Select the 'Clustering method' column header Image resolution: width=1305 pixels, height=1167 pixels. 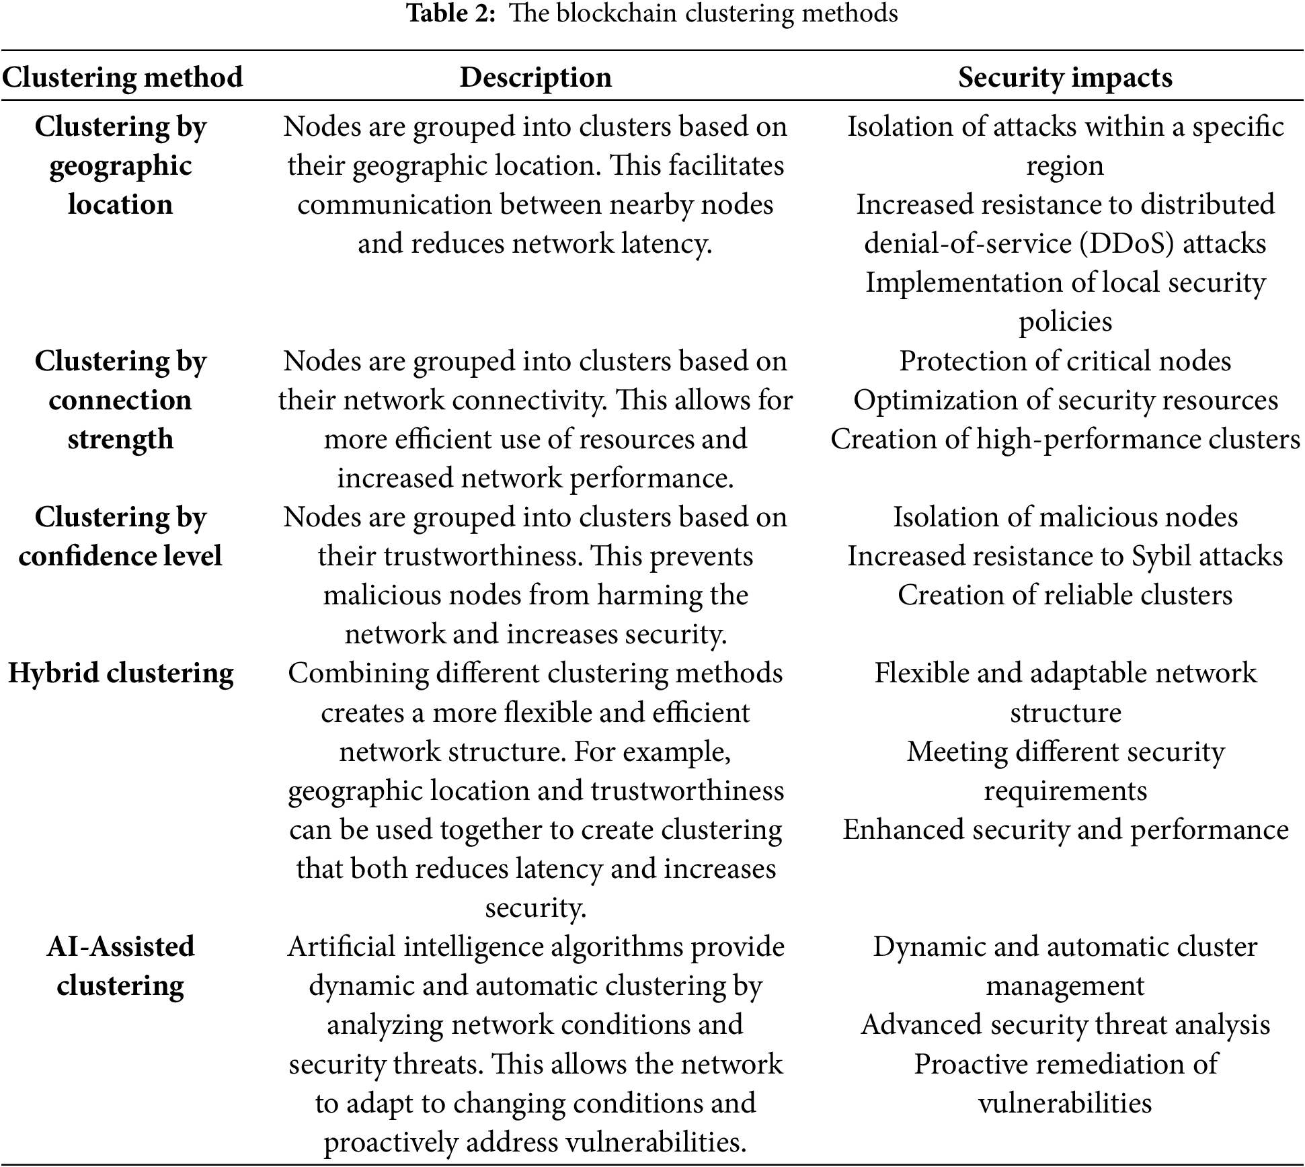pyautogui.click(x=122, y=77)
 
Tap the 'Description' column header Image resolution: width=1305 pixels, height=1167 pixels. pyautogui.click(x=535, y=77)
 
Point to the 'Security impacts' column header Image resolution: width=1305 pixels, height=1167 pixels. pyautogui.click(x=1065, y=77)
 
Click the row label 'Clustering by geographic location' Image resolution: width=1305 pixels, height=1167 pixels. pyautogui.click(x=120, y=165)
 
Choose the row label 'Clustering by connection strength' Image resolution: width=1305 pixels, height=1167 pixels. pyautogui.click(x=120, y=400)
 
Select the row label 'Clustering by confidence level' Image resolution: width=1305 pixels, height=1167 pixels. pyautogui.click(x=120, y=536)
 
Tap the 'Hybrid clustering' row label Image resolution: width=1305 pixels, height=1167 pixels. pyautogui.click(x=120, y=674)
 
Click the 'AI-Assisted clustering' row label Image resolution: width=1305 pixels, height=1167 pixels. pyautogui.click(x=120, y=966)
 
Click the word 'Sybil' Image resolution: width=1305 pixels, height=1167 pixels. pyautogui.click(x=1164, y=557)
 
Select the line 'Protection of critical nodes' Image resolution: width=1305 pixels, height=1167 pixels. pyautogui.click(x=1065, y=361)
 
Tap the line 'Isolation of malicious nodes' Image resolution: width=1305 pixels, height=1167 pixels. pyautogui.click(x=1065, y=517)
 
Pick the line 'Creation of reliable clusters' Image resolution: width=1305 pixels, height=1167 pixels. pyautogui.click(x=1065, y=595)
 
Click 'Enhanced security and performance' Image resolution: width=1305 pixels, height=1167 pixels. pyautogui.click(x=1065, y=830)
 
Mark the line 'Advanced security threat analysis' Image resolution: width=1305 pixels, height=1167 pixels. pyautogui.click(x=1065, y=1025)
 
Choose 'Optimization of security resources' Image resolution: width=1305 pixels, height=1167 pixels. pyautogui.click(x=1065, y=400)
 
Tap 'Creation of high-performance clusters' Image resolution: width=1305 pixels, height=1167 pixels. pyautogui.click(x=1065, y=439)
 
